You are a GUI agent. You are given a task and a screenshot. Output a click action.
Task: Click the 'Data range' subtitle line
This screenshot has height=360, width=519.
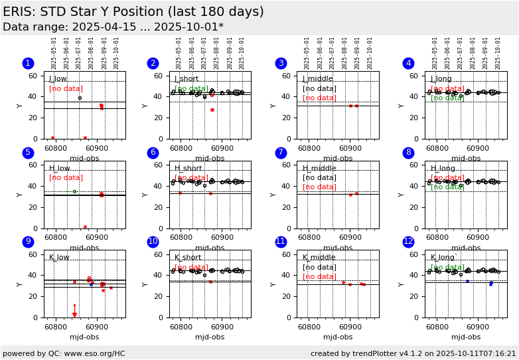113,27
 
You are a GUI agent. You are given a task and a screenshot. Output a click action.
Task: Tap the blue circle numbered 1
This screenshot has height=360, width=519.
28,63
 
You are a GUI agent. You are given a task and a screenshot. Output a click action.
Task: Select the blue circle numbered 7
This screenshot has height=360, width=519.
281,153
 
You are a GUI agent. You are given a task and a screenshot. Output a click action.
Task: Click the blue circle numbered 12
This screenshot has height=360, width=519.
408,242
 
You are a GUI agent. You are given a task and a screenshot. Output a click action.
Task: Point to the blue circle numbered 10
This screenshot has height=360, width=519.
153,242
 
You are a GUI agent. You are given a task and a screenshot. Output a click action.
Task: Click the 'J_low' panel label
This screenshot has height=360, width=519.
58,79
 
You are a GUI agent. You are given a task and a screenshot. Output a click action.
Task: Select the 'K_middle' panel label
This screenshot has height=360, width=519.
319,258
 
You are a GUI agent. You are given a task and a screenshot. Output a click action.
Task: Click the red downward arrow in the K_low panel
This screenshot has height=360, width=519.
74,314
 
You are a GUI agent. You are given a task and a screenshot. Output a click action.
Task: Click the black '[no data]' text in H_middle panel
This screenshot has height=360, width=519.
319,177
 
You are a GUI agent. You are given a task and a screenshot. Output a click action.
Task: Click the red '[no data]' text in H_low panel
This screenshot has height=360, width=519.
66,177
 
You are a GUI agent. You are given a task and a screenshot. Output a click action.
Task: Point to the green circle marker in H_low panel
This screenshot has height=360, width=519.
74,191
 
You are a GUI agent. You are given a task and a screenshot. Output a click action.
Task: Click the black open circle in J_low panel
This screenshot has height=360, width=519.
80,98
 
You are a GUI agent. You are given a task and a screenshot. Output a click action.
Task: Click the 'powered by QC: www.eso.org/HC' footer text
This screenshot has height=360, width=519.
64,353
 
